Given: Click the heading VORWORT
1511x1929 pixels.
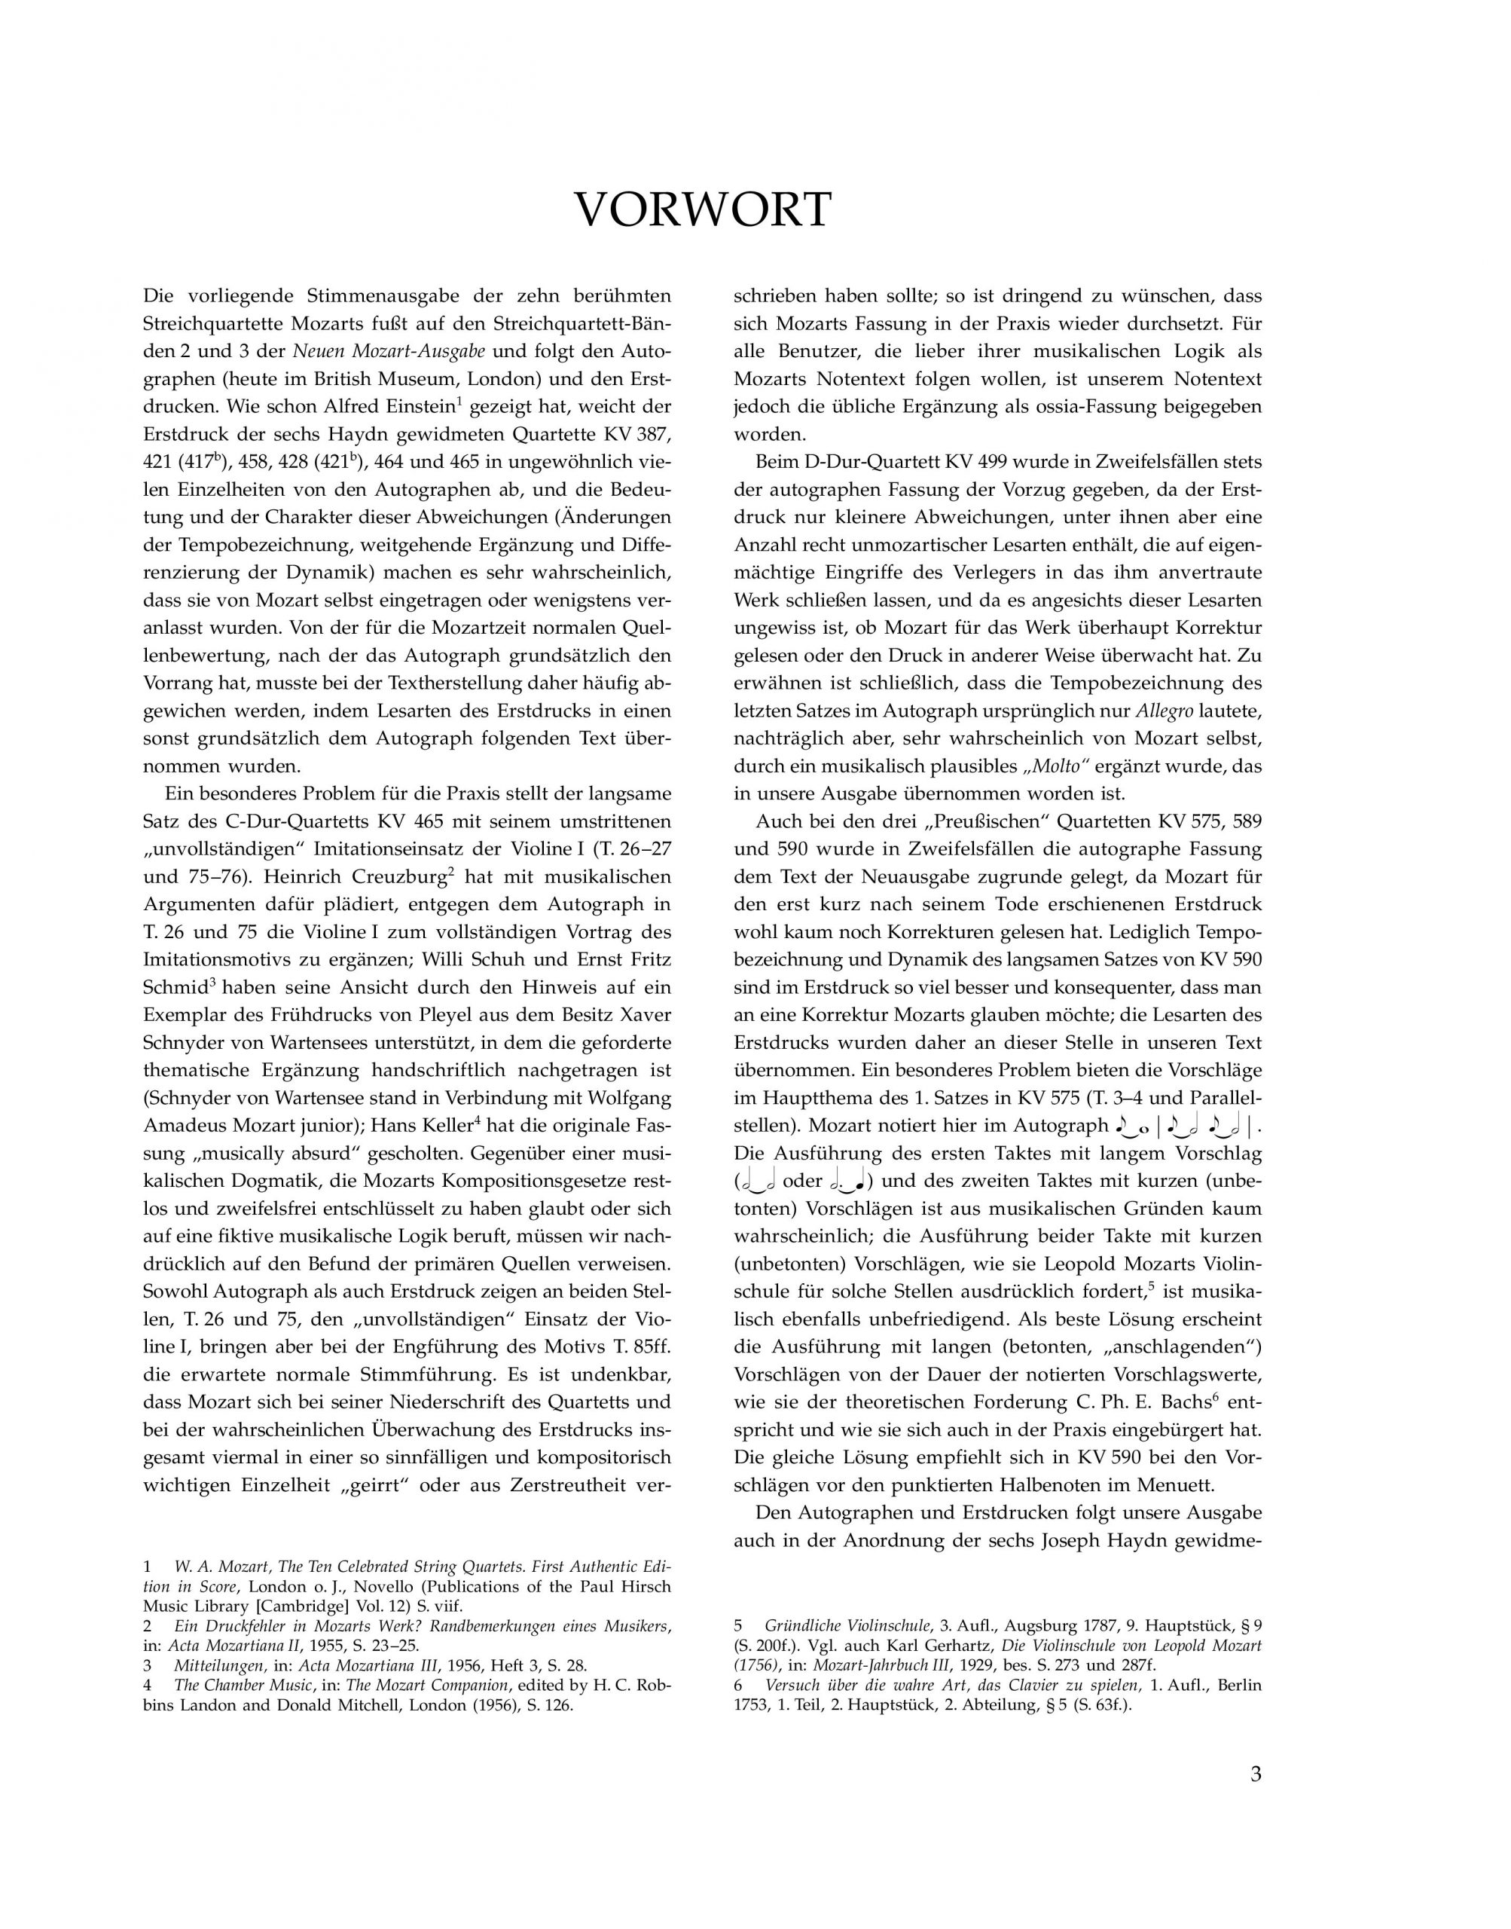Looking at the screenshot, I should pos(704,210).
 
